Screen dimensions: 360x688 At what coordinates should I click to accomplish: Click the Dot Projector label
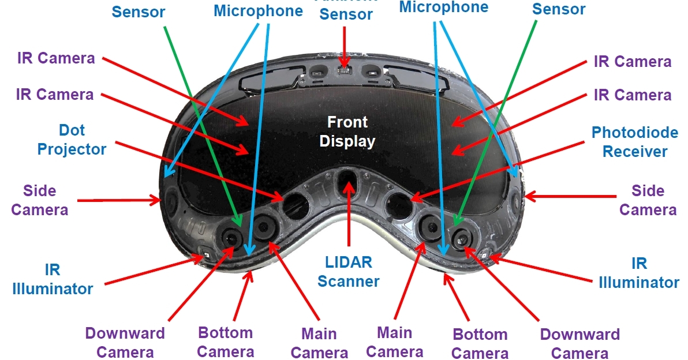[x=72, y=140]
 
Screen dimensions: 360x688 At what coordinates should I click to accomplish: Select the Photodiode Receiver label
[x=634, y=142]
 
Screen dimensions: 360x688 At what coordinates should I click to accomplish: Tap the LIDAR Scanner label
[x=348, y=271]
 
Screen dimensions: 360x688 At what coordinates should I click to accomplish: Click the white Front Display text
[x=347, y=131]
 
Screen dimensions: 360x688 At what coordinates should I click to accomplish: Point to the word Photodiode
[x=634, y=133]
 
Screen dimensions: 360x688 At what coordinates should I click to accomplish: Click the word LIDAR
[x=348, y=262]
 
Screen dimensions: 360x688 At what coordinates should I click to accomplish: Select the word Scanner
[x=348, y=281]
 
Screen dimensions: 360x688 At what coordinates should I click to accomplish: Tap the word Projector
[x=72, y=149]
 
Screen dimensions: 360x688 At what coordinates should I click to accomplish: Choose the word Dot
[x=72, y=131]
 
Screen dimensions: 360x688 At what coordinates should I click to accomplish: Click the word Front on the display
[x=347, y=122]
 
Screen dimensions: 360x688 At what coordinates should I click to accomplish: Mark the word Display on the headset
[x=347, y=141]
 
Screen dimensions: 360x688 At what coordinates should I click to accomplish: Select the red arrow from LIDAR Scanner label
[x=348, y=213]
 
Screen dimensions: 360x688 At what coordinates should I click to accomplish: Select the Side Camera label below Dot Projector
[x=40, y=200]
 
